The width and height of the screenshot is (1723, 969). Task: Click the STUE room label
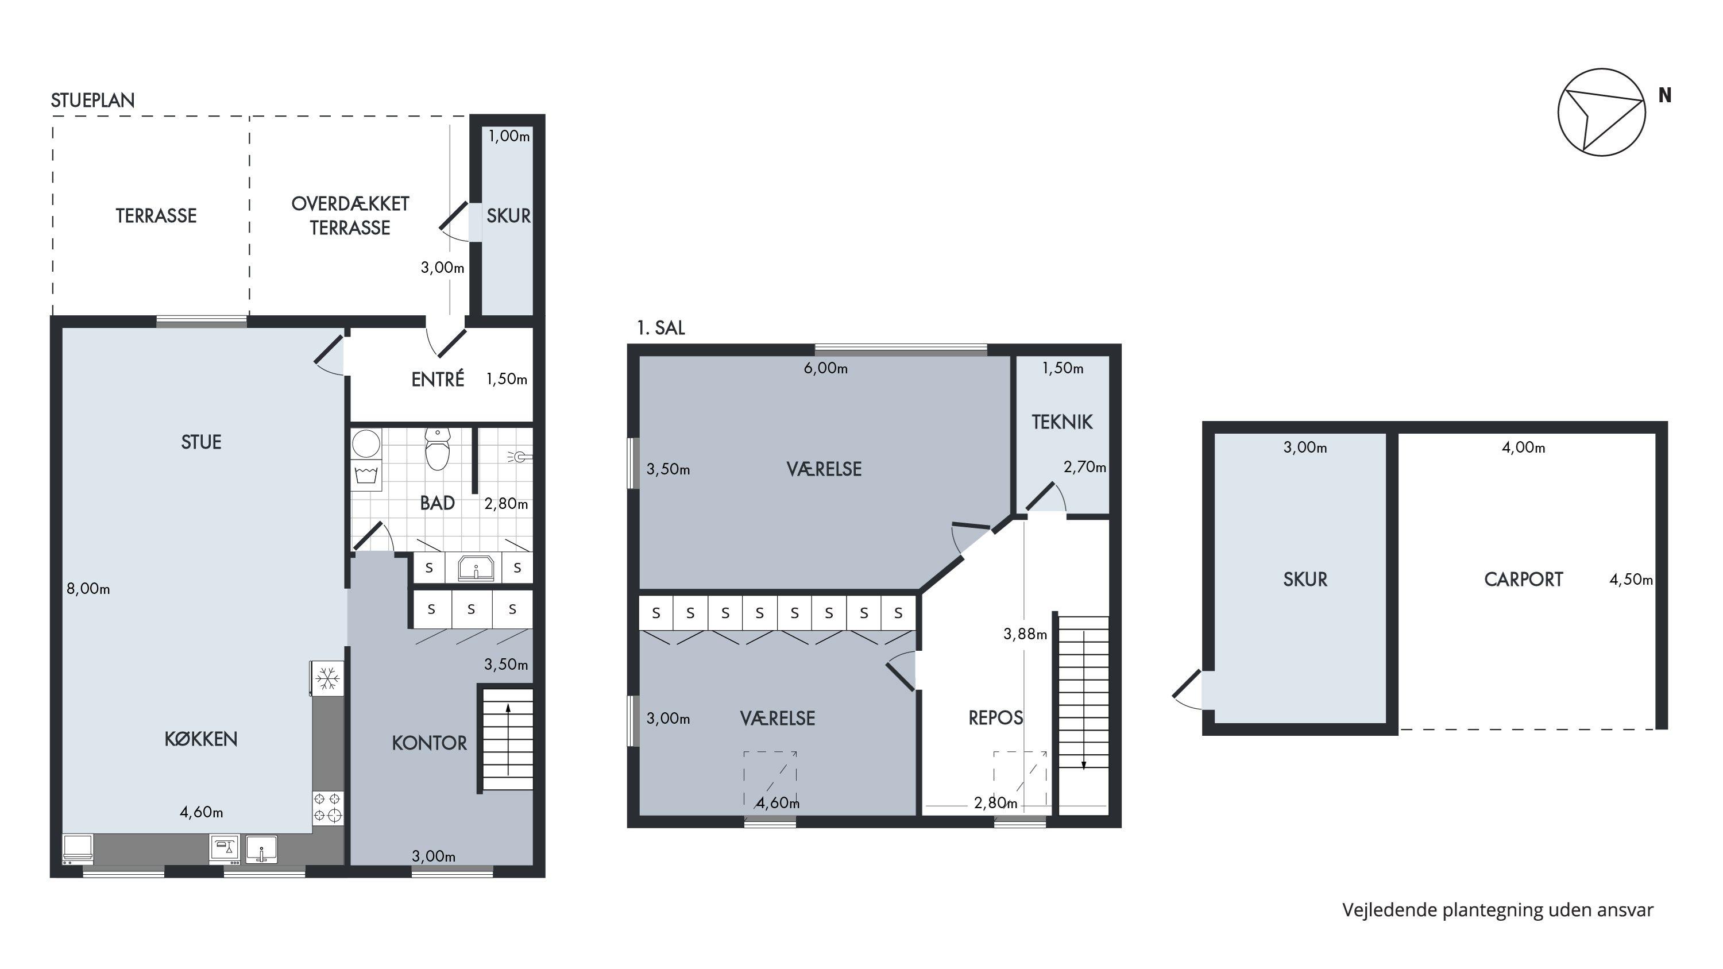point(200,442)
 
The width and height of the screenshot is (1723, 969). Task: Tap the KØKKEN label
point(200,739)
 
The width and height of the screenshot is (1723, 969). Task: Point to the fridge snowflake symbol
point(327,679)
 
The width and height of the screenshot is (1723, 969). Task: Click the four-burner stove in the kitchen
point(328,806)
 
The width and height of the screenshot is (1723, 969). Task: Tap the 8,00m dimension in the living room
point(88,589)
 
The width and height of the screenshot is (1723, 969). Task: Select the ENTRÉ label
point(438,379)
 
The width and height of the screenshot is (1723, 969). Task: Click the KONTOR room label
point(430,743)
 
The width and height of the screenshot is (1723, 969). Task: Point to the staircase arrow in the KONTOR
point(508,739)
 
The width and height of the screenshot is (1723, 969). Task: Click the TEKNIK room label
point(1062,422)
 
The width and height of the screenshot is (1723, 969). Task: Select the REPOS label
point(996,718)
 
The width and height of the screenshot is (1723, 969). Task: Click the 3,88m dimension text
point(1025,634)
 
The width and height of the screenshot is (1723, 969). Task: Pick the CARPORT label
point(1524,579)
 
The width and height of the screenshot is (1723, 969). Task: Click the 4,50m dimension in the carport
point(1631,579)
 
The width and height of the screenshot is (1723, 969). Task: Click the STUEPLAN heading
point(93,101)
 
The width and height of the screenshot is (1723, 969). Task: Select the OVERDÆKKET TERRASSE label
point(350,215)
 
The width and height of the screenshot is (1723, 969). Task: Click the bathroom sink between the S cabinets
point(476,567)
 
